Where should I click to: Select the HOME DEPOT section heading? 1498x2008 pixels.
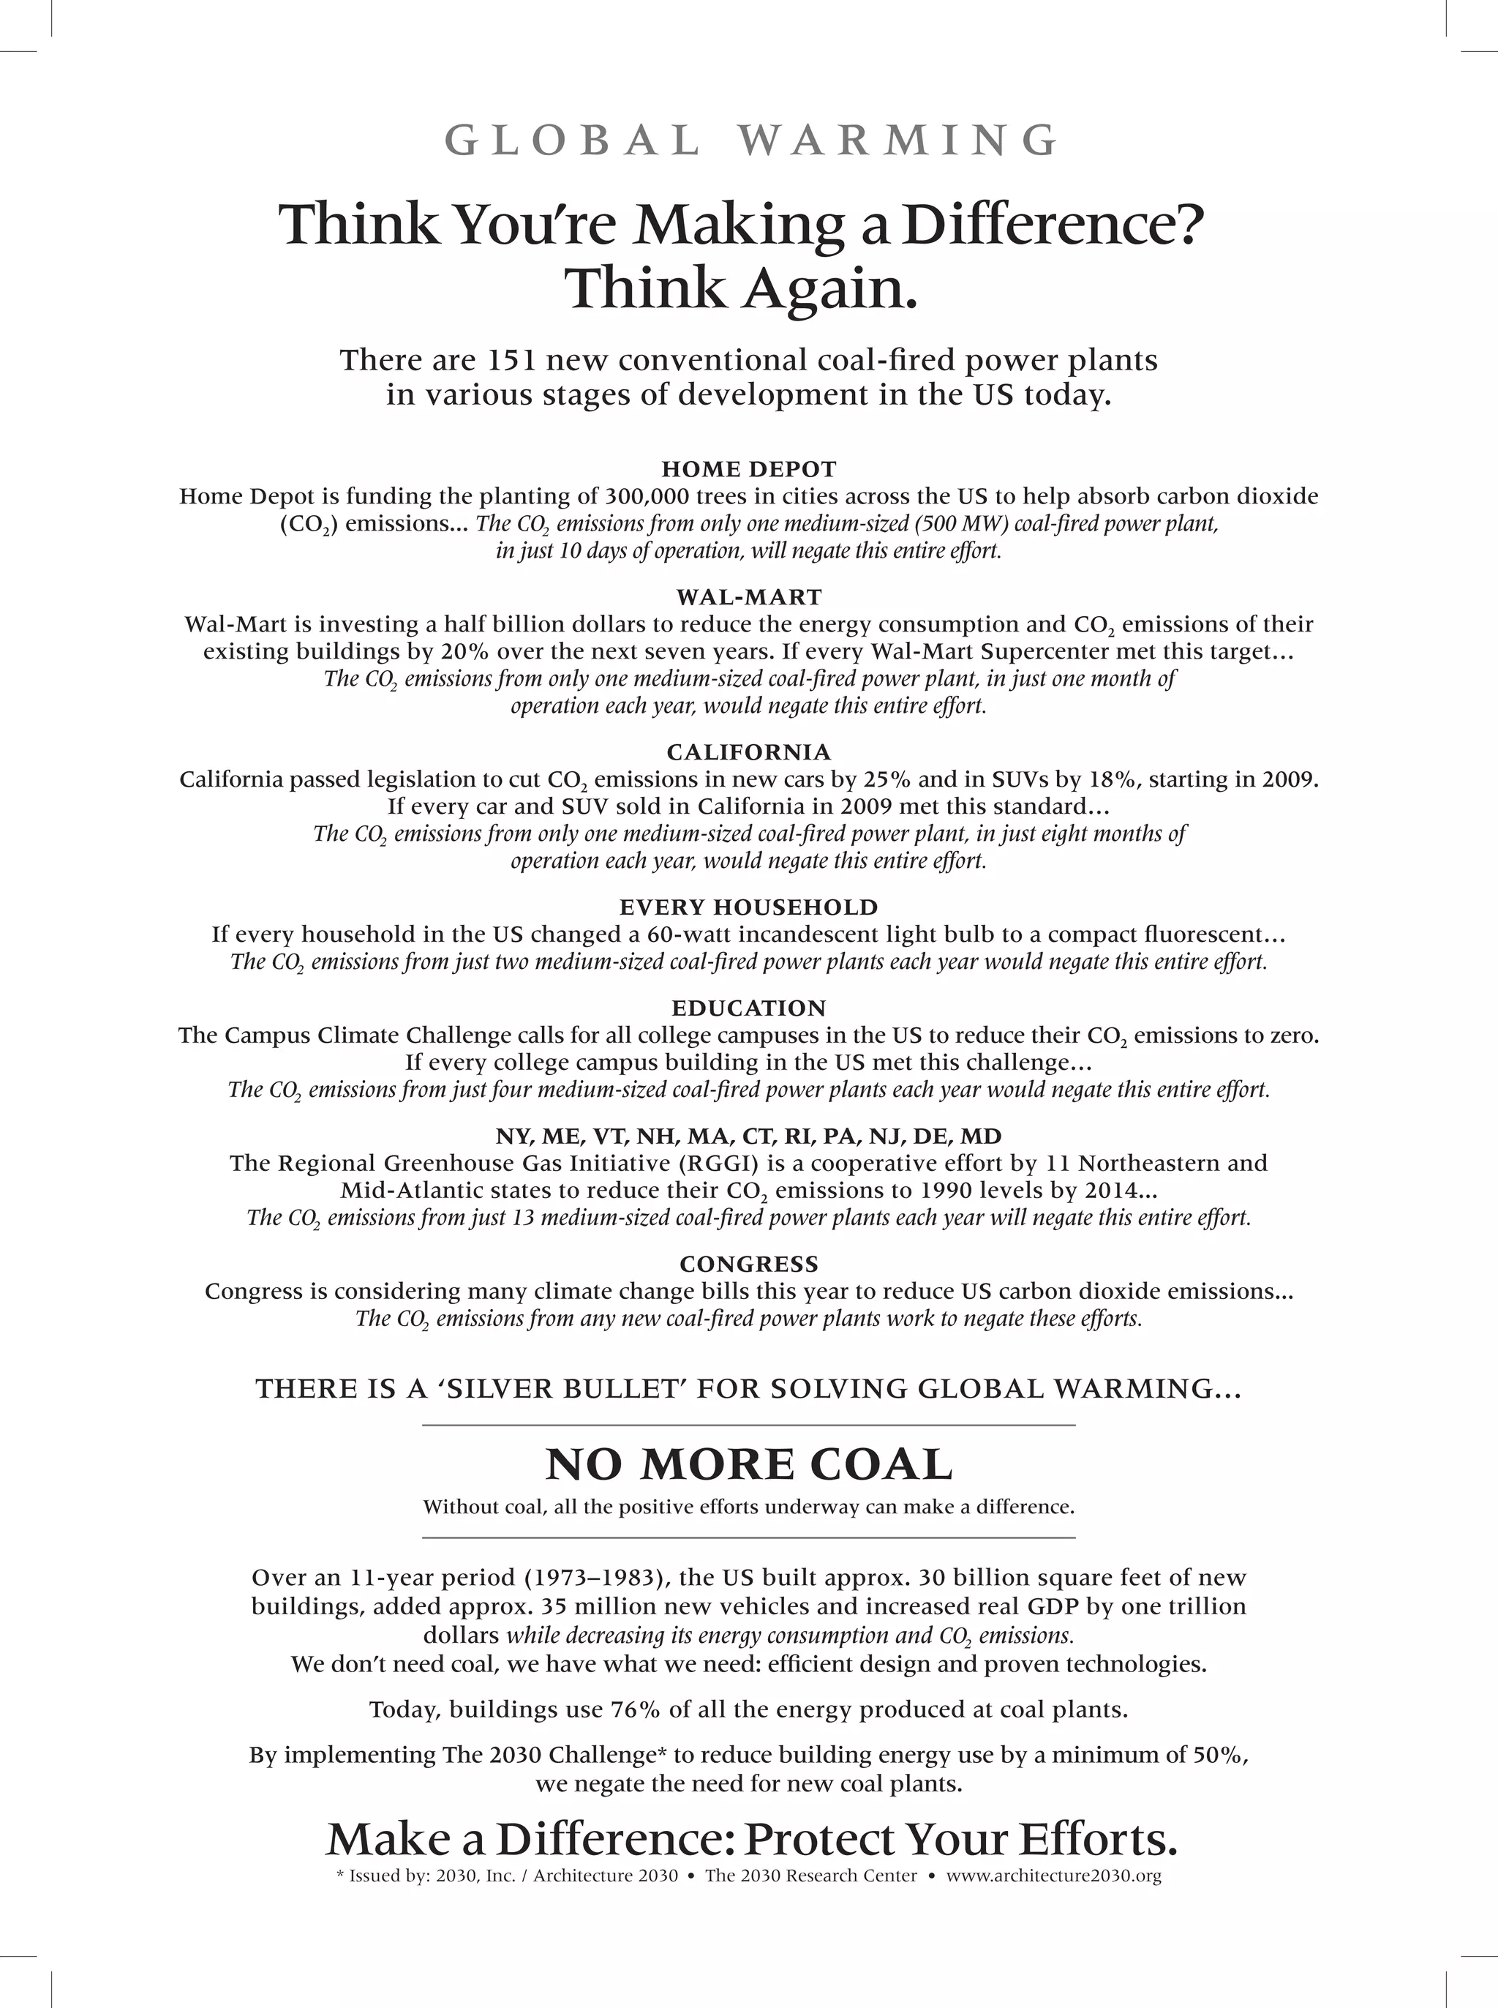click(749, 469)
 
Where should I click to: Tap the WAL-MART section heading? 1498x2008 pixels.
click(749, 597)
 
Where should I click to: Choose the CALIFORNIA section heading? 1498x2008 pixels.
click(749, 752)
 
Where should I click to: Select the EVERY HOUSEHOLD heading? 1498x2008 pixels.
click(749, 907)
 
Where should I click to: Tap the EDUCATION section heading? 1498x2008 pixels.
click(749, 1008)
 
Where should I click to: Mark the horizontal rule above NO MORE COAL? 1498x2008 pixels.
click(749, 1426)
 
